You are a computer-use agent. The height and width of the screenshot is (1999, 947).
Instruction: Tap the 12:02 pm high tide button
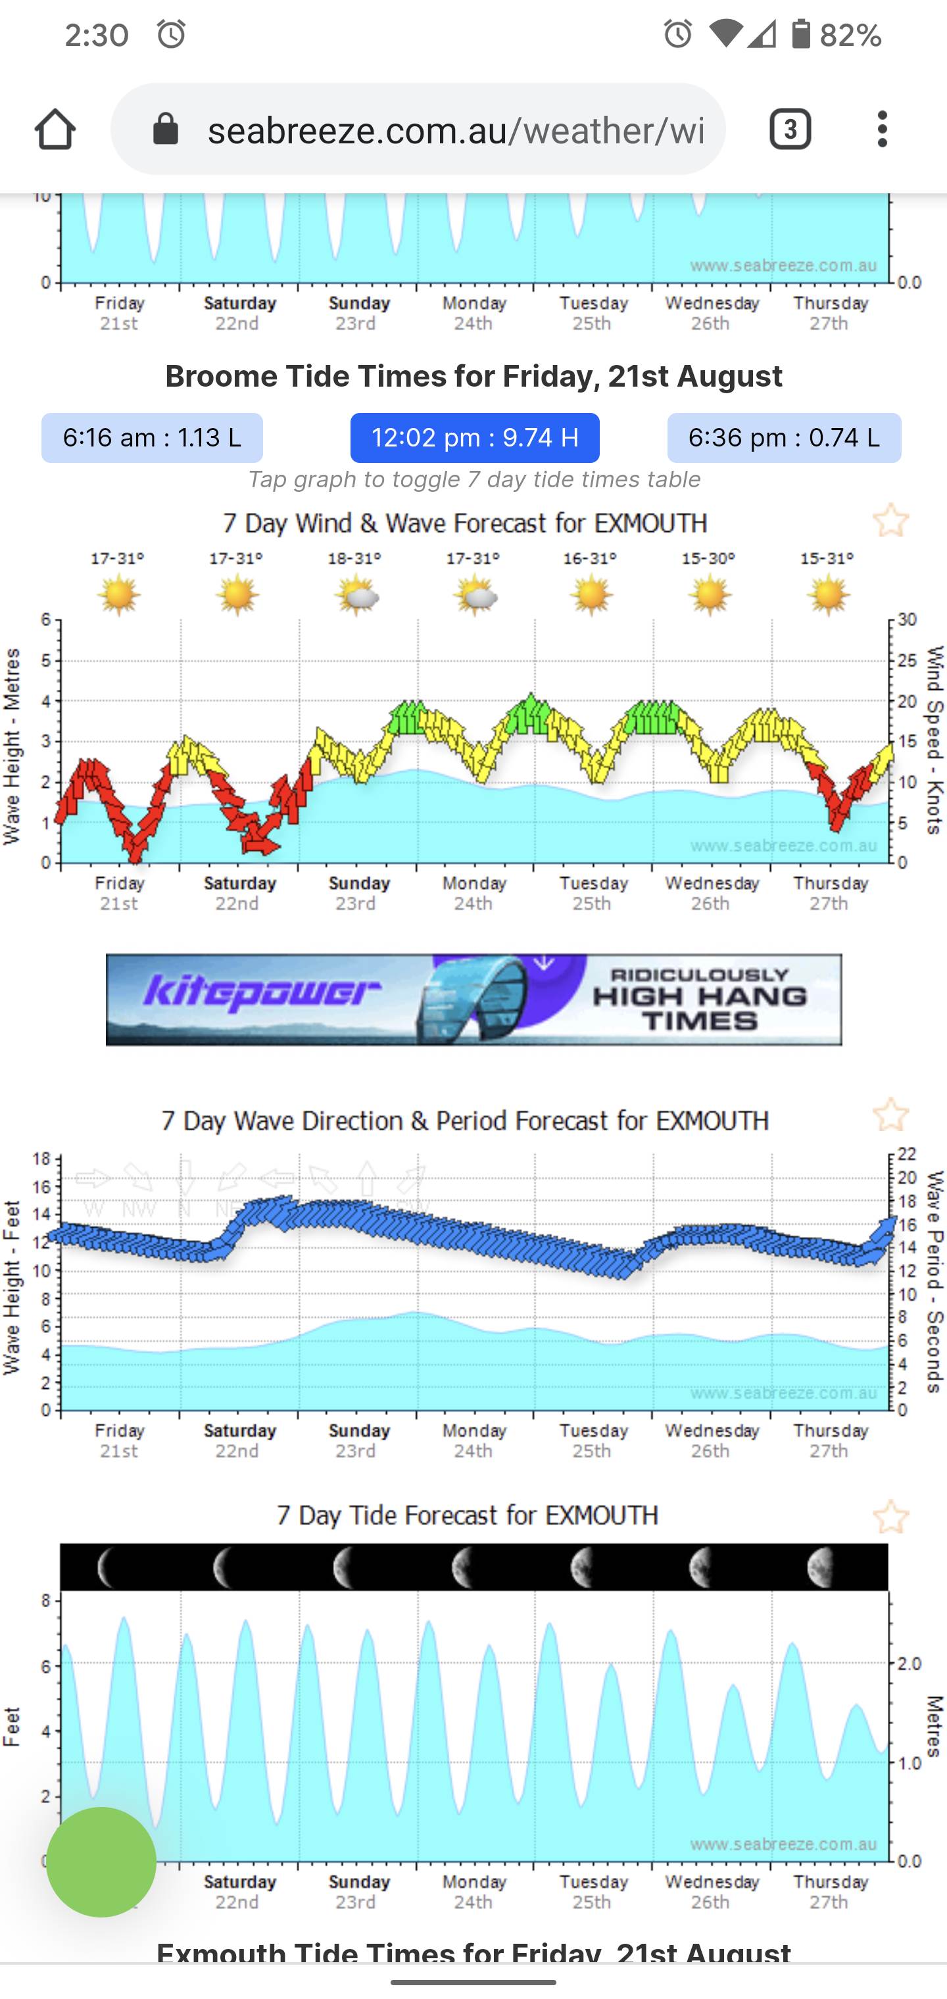coord(474,438)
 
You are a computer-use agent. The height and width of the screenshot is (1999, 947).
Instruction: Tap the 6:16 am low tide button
coord(152,438)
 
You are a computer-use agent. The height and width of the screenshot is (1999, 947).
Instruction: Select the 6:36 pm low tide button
coord(784,438)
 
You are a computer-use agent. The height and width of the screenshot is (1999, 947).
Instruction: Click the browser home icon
coord(55,129)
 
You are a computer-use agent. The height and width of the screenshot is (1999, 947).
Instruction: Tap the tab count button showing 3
coord(790,129)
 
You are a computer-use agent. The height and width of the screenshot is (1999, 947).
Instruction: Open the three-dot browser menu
coord(882,129)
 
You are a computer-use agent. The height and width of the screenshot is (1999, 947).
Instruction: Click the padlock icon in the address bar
coord(165,129)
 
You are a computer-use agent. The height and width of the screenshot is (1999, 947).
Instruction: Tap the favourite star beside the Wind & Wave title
coord(890,520)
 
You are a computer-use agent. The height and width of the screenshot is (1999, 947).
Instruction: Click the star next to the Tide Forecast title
coord(890,1517)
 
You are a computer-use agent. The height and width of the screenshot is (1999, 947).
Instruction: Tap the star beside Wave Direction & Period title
coord(890,1115)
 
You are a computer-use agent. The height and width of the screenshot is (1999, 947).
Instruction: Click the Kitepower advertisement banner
coord(473,999)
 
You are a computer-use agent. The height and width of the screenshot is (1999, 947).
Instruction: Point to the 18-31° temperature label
coord(354,558)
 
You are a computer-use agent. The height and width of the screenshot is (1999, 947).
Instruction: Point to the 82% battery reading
coord(851,35)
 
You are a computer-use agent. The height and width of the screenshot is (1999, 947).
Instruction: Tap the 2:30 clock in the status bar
coord(96,35)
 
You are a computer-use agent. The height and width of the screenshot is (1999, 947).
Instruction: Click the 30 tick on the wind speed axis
coord(908,619)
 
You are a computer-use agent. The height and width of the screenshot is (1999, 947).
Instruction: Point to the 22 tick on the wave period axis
coord(908,1154)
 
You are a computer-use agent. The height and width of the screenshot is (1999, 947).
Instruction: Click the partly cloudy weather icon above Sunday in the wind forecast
coord(356,596)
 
